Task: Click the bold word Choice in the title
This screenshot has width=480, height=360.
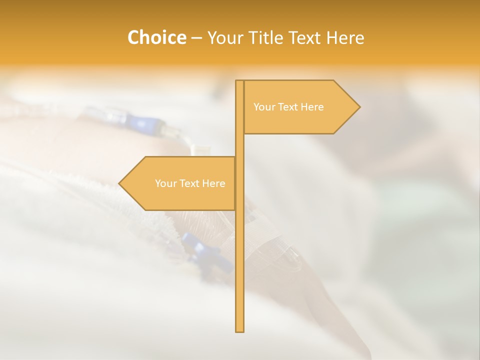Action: point(156,37)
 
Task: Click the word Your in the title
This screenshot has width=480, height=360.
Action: point(225,38)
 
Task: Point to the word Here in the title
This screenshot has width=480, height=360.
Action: point(345,38)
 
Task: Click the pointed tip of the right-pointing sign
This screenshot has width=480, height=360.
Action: point(359,106)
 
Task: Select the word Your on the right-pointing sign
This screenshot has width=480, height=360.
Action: point(263,107)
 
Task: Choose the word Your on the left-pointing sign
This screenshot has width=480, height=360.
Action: point(165,183)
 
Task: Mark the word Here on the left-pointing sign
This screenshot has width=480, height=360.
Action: point(213,183)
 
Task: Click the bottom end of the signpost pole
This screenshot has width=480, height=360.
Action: point(239,330)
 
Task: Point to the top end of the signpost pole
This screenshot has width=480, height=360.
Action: point(239,81)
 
